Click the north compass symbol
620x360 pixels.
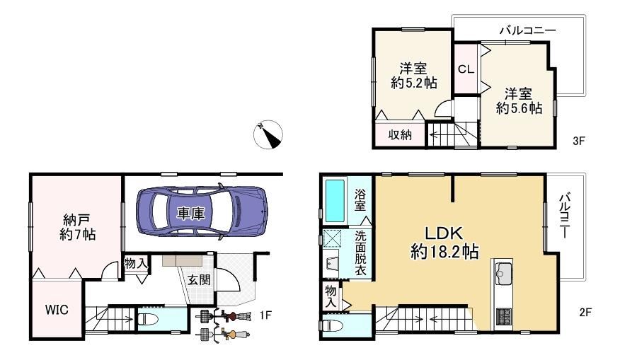pyautogui.click(x=268, y=134)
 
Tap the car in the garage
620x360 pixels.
pyautogui.click(x=202, y=212)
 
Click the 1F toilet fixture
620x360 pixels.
pyautogui.click(x=149, y=318)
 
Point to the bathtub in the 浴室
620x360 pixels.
pyautogui.click(x=335, y=201)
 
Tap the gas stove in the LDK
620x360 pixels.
pyautogui.click(x=504, y=315)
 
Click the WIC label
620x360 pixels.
pyautogui.click(x=57, y=309)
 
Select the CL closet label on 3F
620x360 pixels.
pyautogui.click(x=466, y=69)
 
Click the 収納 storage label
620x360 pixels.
pyautogui.click(x=400, y=135)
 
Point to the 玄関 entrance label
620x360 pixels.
pyautogui.click(x=199, y=280)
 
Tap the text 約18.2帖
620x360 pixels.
pyautogui.click(x=444, y=251)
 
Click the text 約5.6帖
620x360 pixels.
pyautogui.click(x=519, y=108)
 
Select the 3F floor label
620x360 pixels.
pyautogui.click(x=578, y=141)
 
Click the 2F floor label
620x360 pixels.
pyautogui.click(x=585, y=312)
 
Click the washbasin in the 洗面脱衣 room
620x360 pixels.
pyautogui.click(x=331, y=264)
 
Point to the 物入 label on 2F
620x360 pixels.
pyautogui.click(x=331, y=297)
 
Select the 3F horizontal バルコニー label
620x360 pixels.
pyautogui.click(x=527, y=30)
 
